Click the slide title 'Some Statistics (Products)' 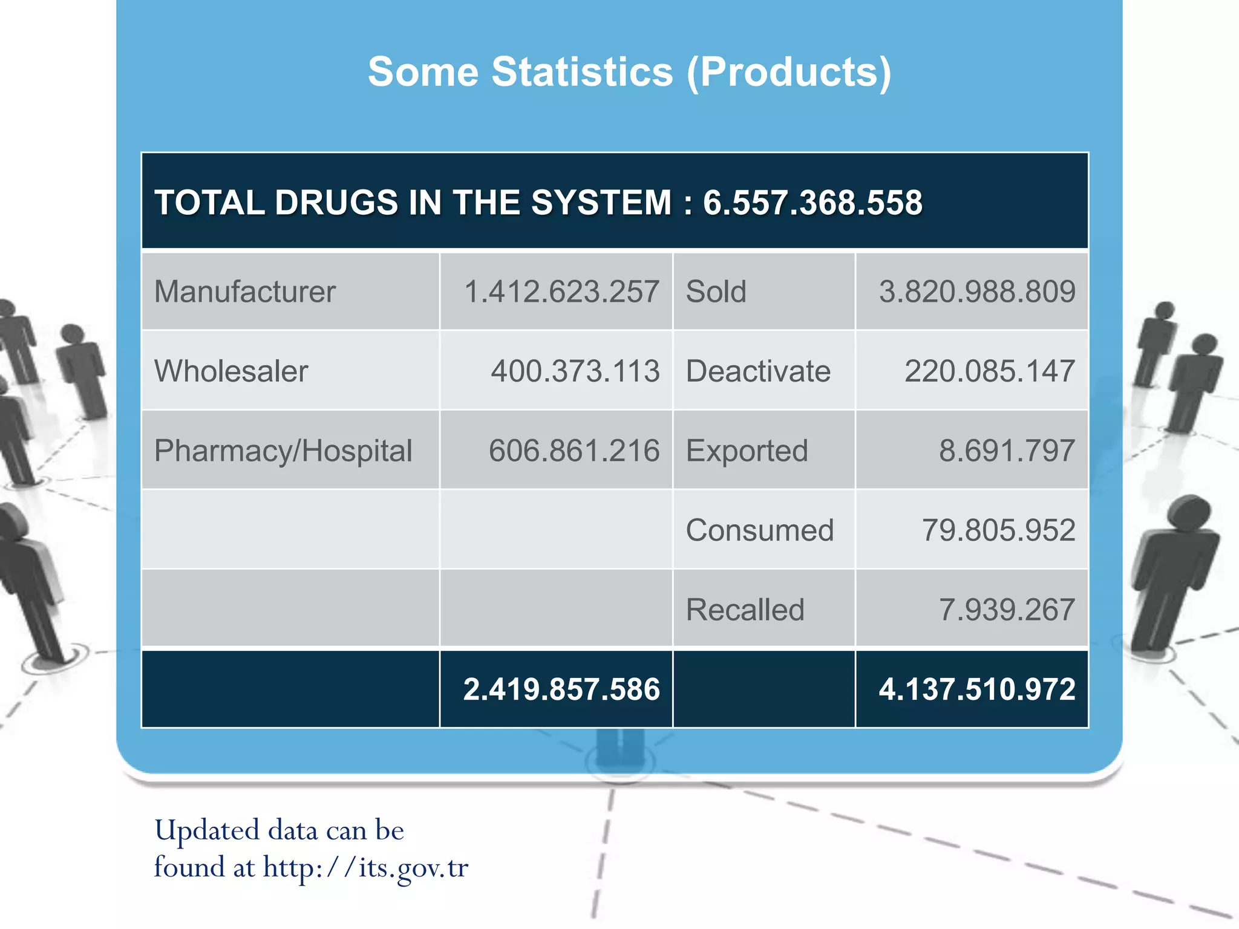point(629,72)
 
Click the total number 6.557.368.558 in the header point(812,203)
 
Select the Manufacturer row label point(244,292)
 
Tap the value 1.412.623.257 point(561,292)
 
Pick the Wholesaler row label point(231,371)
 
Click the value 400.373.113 point(575,371)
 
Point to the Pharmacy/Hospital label point(283,451)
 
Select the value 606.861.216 point(574,451)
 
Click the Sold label point(716,292)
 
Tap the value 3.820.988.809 point(977,292)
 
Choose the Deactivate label point(758,371)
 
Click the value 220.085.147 point(990,371)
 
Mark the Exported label point(747,451)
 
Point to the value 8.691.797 point(1007,451)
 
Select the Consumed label point(759,530)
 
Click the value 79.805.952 point(998,530)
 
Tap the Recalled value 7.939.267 point(1007,610)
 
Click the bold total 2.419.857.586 point(561,689)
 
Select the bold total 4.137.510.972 point(977,689)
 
